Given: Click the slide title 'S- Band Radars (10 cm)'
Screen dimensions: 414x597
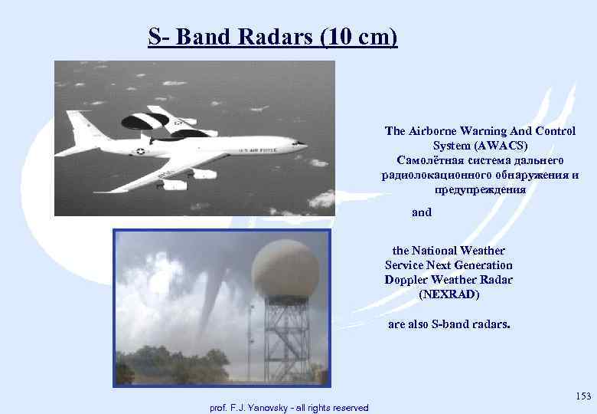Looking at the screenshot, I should click(272, 36).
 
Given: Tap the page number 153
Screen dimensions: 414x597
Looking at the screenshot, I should click(583, 396).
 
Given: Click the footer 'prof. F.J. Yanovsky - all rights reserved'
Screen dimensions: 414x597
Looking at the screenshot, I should click(289, 407).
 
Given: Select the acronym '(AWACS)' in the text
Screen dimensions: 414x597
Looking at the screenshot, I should click(480, 146).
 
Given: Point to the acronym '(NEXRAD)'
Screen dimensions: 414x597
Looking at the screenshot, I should click(449, 294).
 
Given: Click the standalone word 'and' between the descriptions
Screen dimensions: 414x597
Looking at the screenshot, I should click(422, 212).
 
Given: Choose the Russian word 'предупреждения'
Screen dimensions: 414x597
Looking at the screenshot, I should click(480, 189).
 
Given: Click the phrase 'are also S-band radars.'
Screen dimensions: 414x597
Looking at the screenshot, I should click(449, 324).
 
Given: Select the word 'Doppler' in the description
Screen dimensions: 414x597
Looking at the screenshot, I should click(406, 279).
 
